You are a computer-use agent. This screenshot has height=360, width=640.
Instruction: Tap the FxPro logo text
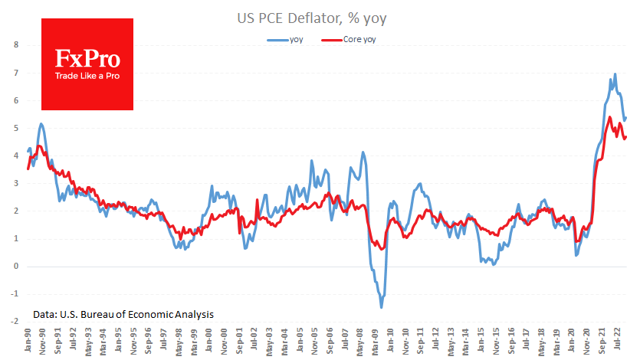[86, 59]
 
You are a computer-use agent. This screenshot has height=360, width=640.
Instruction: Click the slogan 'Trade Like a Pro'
[86, 77]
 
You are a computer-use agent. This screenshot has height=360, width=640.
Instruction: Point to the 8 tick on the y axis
[16, 44]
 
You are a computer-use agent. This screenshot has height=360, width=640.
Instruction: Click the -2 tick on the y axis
[15, 322]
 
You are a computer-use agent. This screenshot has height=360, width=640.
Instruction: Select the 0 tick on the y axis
[16, 267]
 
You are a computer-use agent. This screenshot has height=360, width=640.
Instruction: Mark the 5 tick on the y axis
[16, 128]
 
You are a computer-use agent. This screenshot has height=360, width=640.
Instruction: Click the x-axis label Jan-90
[28, 342]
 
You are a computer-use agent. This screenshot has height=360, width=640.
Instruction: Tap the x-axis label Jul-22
[619, 342]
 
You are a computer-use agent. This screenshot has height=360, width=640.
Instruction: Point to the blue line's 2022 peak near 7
[615, 74]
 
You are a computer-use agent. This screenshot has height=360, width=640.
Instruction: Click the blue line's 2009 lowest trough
[381, 307]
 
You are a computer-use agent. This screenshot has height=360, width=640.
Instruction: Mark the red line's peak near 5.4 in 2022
[609, 117]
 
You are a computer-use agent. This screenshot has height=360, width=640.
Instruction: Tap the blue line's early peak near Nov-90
[41, 123]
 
